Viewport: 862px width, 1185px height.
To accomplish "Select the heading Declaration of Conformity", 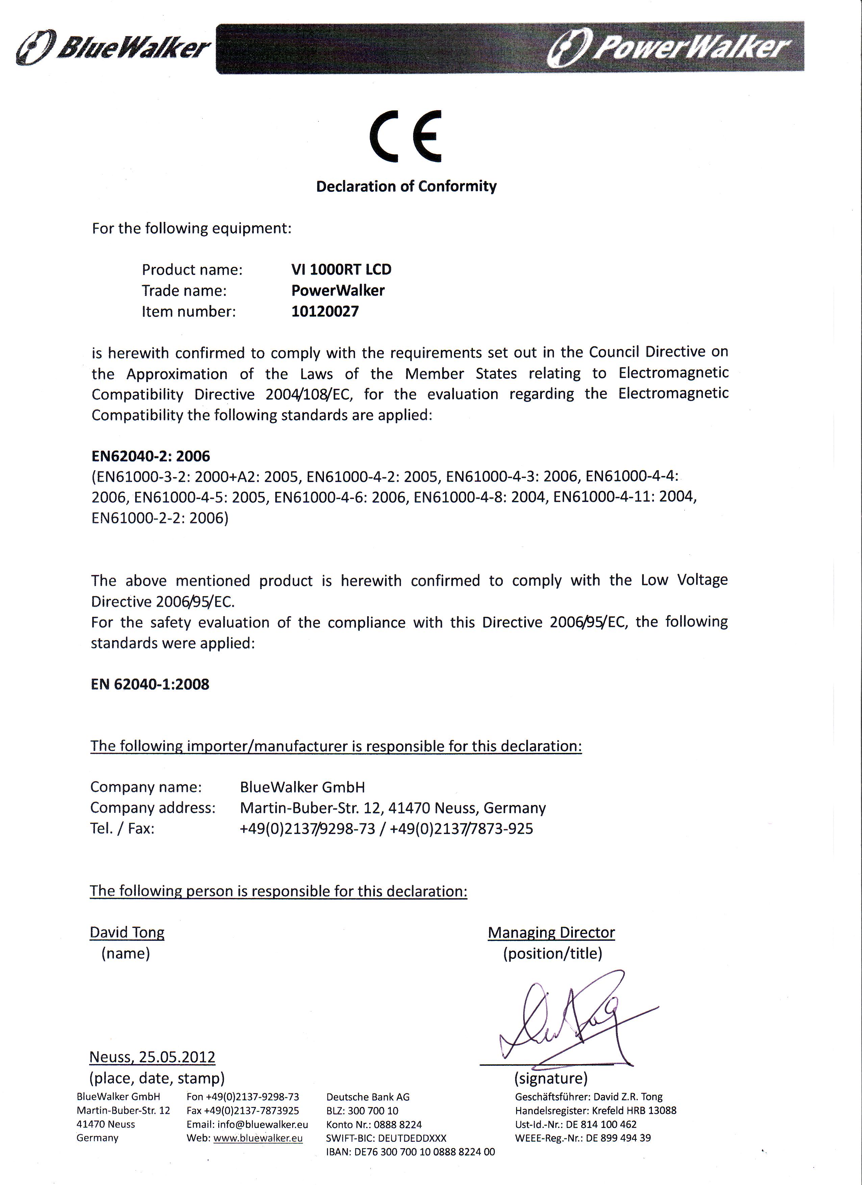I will [406, 186].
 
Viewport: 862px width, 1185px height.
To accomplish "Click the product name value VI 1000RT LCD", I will [341, 270].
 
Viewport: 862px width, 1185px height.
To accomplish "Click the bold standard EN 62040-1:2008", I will [150, 684].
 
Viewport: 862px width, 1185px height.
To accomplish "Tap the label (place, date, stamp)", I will [157, 1078].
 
